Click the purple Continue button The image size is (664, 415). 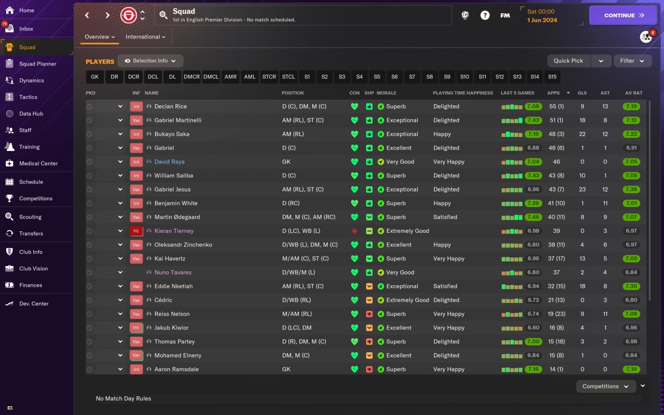tap(623, 15)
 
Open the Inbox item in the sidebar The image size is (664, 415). tap(26, 29)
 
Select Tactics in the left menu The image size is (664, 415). tap(28, 97)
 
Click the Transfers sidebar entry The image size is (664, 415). tap(31, 233)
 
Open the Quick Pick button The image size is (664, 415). tap(569, 61)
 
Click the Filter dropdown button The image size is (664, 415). tap(632, 61)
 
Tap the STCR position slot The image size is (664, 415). tap(269, 77)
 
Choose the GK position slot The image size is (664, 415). tap(94, 77)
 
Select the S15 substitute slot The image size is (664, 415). tap(552, 77)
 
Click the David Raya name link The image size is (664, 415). tap(169, 162)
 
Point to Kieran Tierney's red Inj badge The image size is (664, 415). tap(136, 231)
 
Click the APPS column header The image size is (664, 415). tap(554, 93)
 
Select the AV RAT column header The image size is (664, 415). tap(633, 93)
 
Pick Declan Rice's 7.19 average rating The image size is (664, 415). tap(631, 106)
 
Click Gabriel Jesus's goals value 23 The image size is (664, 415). tap(583, 189)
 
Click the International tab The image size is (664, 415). tap(145, 37)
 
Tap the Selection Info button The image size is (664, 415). tap(150, 61)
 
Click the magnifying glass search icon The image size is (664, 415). tap(163, 15)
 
